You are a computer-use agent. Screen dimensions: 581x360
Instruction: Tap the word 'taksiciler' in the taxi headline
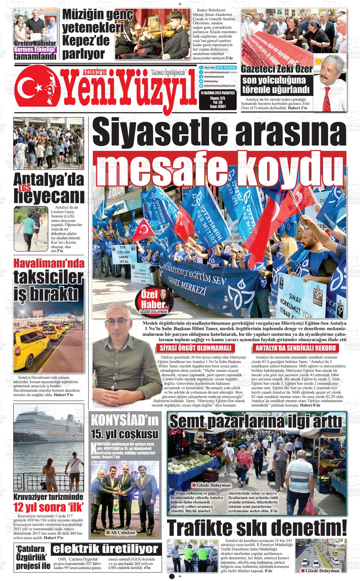click(49, 278)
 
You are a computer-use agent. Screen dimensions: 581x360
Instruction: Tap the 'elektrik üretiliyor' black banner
click(105, 549)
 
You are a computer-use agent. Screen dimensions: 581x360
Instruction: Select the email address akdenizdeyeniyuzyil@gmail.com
click(219, 86)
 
